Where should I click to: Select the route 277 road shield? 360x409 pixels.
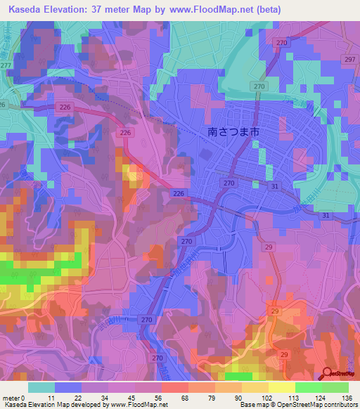coord(6,65)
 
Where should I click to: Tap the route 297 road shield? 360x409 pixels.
coord(349,60)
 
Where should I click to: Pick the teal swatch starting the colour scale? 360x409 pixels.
coord(41,387)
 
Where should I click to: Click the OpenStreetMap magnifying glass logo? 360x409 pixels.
coord(326,374)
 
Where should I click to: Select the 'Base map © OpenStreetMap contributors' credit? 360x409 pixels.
coord(298,405)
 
